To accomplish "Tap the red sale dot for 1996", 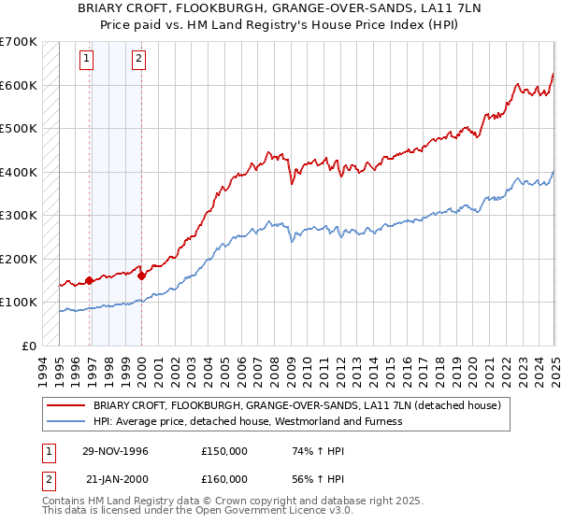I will click(x=90, y=279).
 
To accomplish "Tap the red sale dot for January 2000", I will click(x=141, y=276).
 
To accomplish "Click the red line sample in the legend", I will click(x=66, y=405).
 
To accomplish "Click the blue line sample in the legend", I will click(x=66, y=421).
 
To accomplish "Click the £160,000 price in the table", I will click(x=224, y=479).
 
